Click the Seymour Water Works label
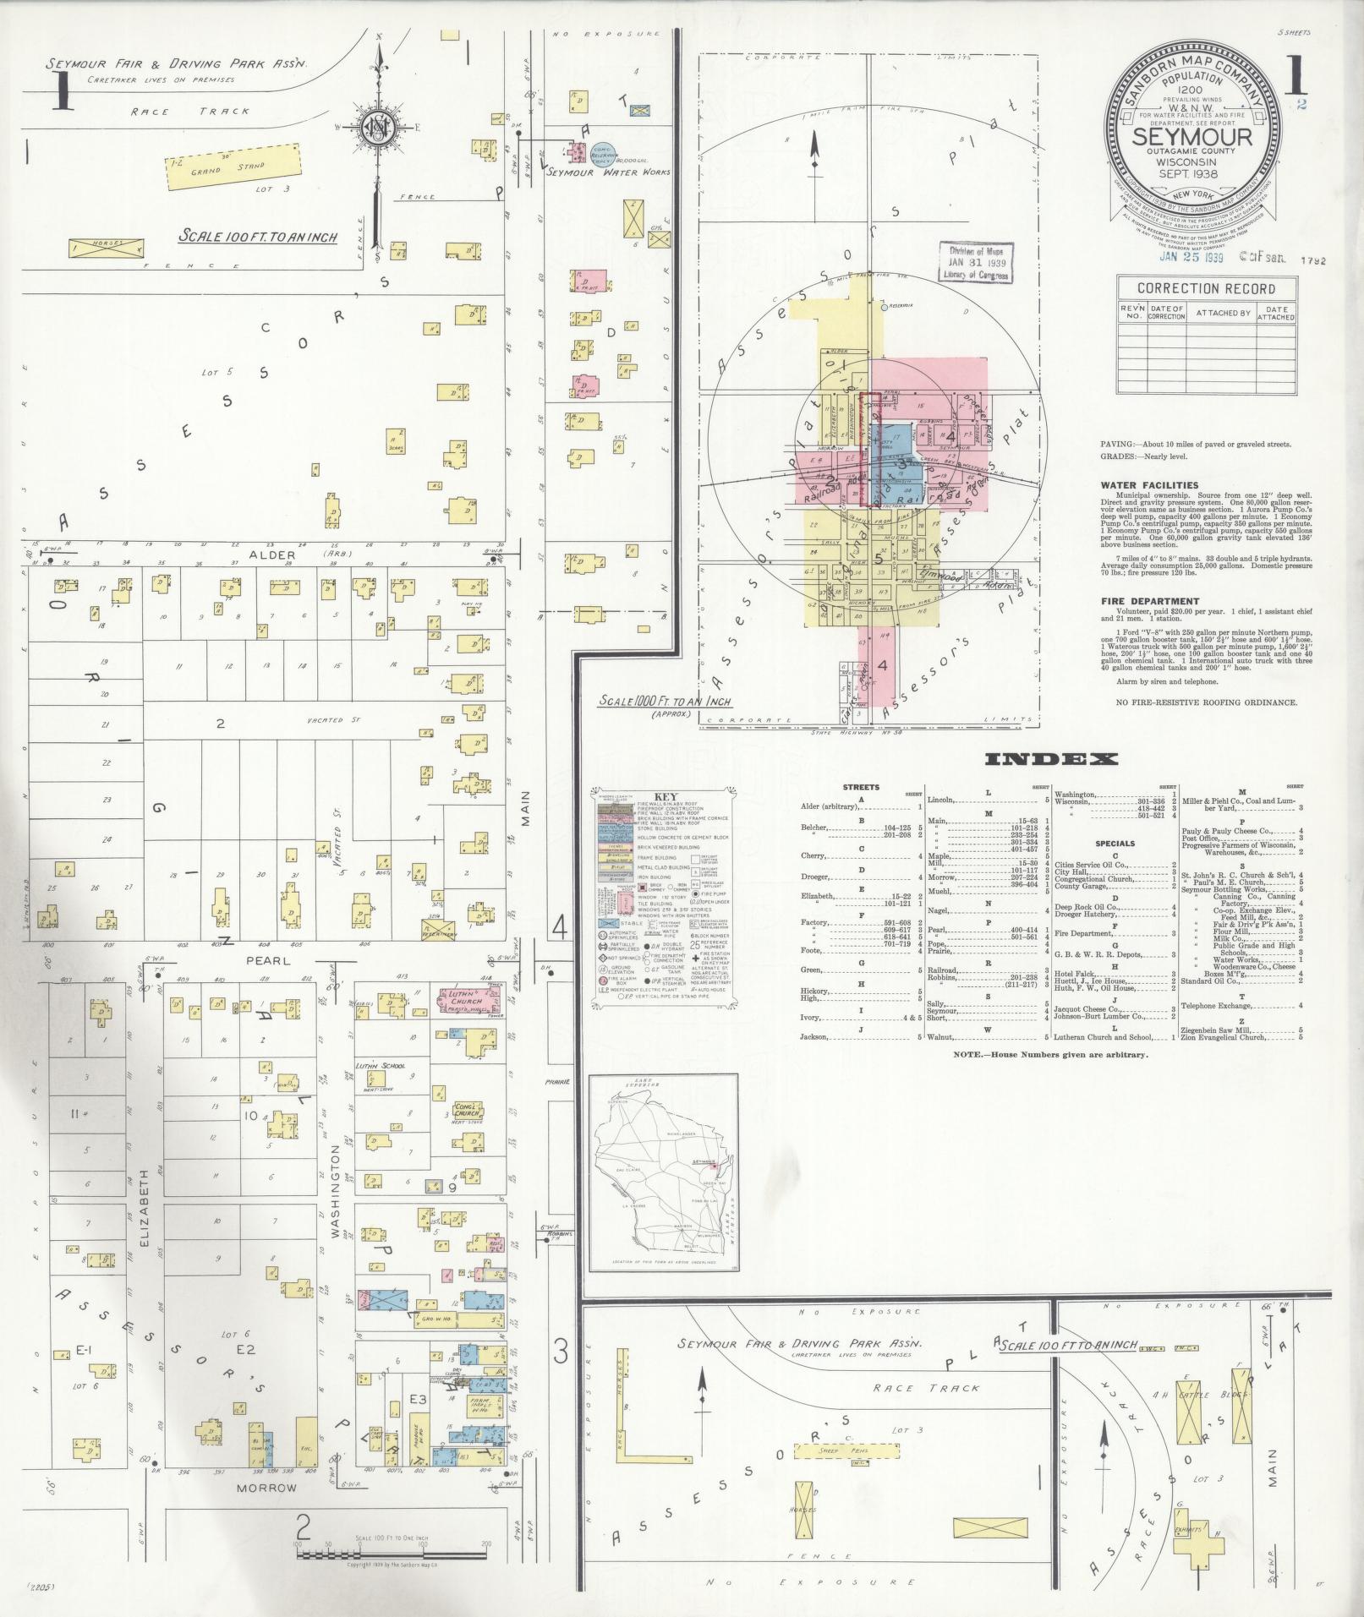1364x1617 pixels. (607, 172)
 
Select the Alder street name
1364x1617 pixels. (272, 555)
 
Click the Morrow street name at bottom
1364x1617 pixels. (268, 1487)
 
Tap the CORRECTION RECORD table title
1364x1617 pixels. (1206, 288)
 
